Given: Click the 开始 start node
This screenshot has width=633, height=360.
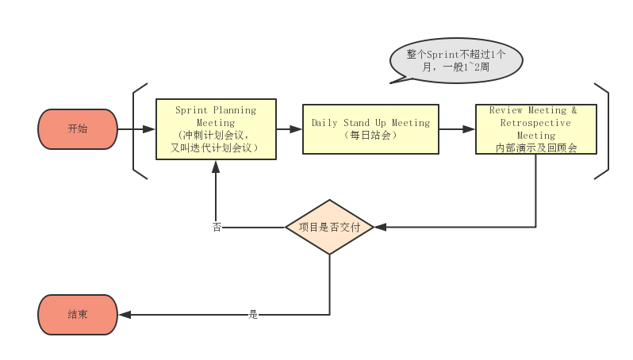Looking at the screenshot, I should click(78, 128).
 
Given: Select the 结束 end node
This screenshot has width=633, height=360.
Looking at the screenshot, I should click(78, 315).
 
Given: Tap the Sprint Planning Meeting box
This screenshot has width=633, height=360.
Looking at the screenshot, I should click(216, 128).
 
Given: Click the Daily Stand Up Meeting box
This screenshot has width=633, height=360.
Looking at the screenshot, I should click(370, 128).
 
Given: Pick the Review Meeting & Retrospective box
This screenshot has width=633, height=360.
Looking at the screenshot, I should click(535, 128).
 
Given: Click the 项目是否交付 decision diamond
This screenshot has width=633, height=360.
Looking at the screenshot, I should click(329, 228).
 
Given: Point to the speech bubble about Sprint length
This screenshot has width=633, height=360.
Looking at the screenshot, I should click(456, 61).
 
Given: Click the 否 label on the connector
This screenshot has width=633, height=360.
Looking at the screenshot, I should click(217, 228).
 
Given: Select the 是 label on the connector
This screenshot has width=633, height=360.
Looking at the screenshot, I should click(253, 315).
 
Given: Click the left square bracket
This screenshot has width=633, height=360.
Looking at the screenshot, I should click(136, 130).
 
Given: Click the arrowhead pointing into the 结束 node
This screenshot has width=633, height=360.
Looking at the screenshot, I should click(125, 315).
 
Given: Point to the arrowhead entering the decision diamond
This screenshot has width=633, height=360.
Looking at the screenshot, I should click(379, 228).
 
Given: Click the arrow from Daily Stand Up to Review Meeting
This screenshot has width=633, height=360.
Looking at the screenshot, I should click(457, 128).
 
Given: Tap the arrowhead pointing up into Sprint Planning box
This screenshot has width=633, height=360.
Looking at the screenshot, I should click(216, 165).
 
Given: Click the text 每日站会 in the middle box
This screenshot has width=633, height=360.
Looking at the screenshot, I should click(370, 135).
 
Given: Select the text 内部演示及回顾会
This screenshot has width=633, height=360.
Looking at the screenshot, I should click(535, 147).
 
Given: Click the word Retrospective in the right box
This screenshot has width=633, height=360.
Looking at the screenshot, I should click(535, 123).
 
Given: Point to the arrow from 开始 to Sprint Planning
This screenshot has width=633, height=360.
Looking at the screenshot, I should click(136, 128).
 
